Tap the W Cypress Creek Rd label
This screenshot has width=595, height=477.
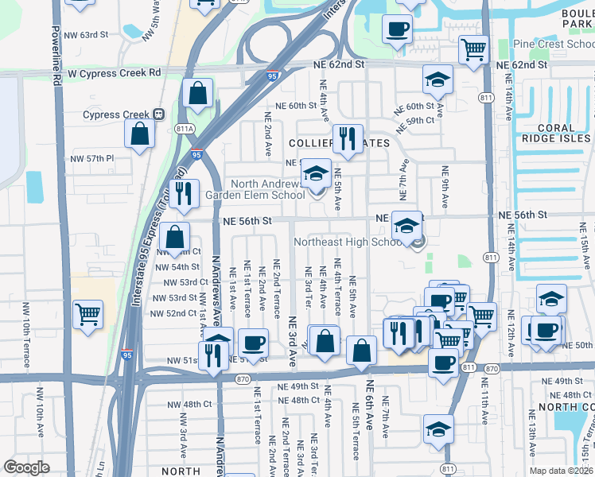(x=115, y=72)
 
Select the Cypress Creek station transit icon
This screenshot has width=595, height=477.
(x=159, y=114)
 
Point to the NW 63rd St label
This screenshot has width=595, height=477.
(x=88, y=35)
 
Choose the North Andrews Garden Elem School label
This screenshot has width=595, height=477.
(x=255, y=188)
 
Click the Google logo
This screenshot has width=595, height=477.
(x=25, y=467)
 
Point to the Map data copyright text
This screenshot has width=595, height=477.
(x=562, y=471)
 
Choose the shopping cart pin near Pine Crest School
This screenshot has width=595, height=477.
(x=473, y=49)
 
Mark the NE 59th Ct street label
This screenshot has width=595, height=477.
(x=420, y=120)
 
